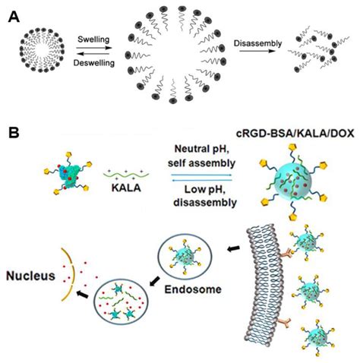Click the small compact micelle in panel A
click(x=33, y=46)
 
